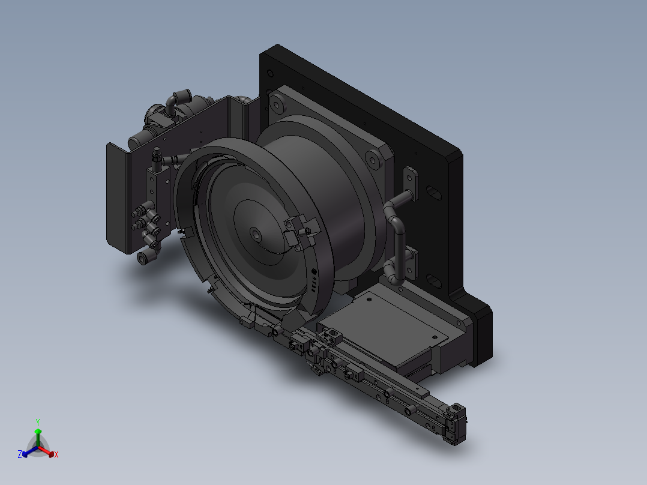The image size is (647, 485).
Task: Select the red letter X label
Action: [x=56, y=454]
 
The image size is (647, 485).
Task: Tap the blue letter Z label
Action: [x=20, y=454]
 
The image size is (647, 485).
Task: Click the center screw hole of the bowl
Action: [x=256, y=235]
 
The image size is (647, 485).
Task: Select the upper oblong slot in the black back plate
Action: [x=434, y=192]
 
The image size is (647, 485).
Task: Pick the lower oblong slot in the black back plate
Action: [x=433, y=281]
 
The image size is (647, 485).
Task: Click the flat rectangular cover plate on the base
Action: [x=383, y=326]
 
